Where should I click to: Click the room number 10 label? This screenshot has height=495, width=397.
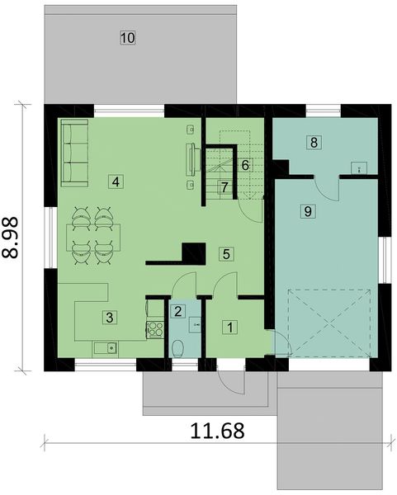(x=127, y=37)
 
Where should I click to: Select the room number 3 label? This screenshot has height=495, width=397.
(x=107, y=315)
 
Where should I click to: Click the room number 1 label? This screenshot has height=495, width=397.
(x=229, y=326)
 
